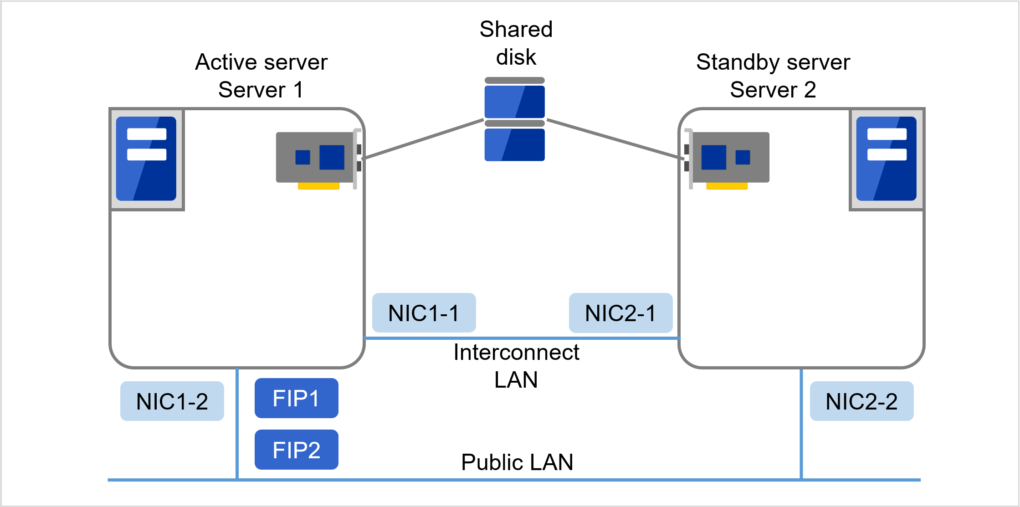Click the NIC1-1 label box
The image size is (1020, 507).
(424, 313)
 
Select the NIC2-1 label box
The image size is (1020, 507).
(620, 313)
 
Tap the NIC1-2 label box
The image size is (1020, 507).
(172, 401)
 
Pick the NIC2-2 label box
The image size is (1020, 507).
(861, 401)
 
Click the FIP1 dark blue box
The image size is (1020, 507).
(296, 398)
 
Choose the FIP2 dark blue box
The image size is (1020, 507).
(296, 450)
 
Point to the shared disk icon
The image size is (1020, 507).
(514, 119)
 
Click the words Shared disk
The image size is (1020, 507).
(516, 43)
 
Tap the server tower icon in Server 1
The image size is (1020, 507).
(146, 159)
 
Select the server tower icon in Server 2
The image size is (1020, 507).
(886, 159)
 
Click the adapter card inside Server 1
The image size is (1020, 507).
(315, 158)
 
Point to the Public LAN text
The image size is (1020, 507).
(517, 462)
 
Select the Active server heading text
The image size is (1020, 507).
(261, 62)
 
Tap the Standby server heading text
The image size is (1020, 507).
(773, 62)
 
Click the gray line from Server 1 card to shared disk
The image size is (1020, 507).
(424, 139)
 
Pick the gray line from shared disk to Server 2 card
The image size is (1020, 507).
(615, 139)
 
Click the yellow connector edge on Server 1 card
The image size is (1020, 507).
(318, 186)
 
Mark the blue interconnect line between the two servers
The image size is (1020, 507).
(522, 338)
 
